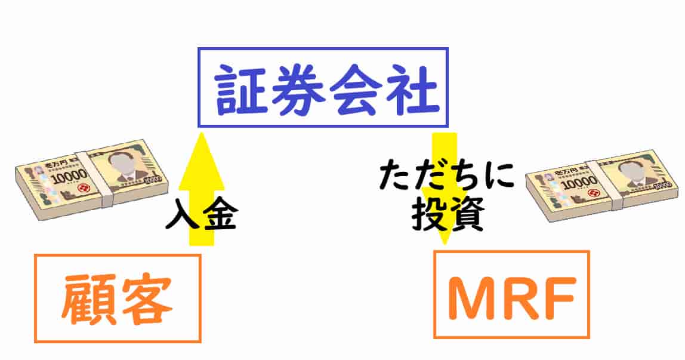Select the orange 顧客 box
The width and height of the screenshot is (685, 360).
(118, 298)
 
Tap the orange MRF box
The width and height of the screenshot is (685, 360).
(511, 294)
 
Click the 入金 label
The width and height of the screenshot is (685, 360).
(201, 217)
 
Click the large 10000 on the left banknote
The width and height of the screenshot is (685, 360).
(68, 177)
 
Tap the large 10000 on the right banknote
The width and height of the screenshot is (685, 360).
(578, 184)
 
